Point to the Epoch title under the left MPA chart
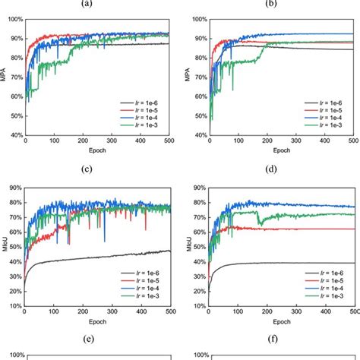[98, 150]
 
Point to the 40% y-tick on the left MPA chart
[16, 135]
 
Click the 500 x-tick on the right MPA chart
[352, 141]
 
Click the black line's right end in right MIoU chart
[352, 264]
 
